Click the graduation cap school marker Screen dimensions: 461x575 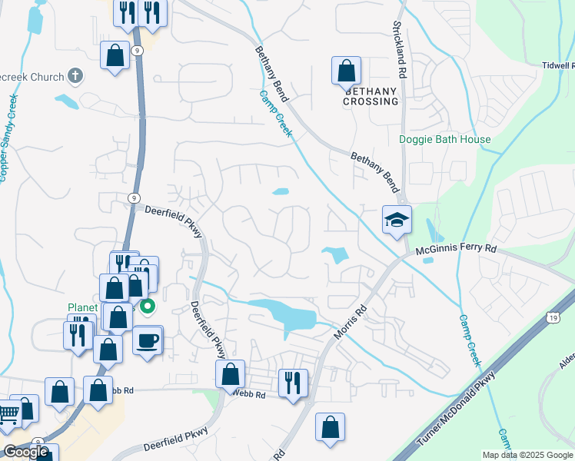[397, 221]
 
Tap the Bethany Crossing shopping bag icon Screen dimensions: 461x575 [347, 71]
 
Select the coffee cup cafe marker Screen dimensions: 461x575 [147, 339]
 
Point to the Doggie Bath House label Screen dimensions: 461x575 [444, 139]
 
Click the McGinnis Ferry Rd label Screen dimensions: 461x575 [457, 250]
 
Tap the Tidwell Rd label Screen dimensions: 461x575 [557, 65]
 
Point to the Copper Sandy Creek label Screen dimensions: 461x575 [8, 138]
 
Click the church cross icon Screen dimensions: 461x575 [75, 75]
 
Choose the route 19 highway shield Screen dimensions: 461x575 [553, 316]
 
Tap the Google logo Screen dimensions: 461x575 [26, 452]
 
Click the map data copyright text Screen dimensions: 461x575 [527, 455]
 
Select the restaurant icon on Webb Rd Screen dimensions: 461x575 [293, 382]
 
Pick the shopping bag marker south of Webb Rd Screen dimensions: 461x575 [330, 428]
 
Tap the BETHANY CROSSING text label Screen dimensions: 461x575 [371, 96]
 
